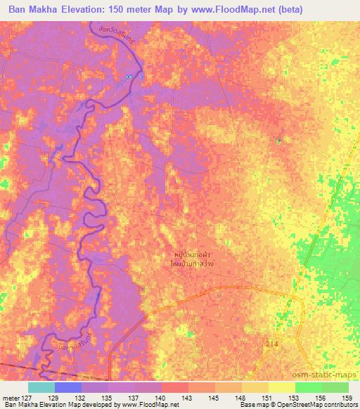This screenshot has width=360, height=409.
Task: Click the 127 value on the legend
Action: [x=27, y=398]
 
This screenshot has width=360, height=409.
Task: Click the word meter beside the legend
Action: [x=10, y=398]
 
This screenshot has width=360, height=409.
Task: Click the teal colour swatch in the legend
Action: [x=41, y=387]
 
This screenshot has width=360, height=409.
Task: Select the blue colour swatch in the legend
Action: [x=68, y=387]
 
